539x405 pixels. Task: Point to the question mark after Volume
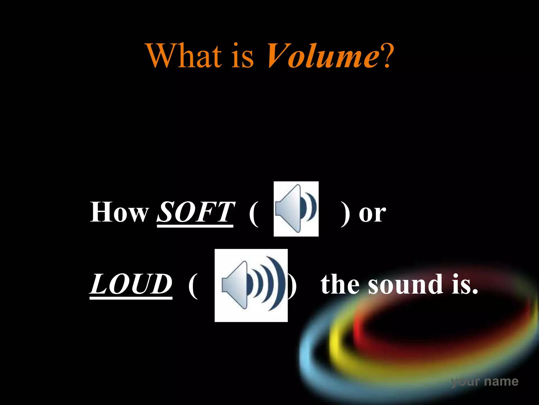coord(387,56)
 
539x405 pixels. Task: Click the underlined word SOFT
coord(195,213)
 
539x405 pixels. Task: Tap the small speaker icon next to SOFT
coord(296,209)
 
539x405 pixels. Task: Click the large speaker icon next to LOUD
coord(251,285)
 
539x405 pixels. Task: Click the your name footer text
coord(485,381)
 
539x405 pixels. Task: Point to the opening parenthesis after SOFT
coord(254,214)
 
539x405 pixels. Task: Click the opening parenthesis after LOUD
coord(193,286)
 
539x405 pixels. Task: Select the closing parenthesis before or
coord(345,214)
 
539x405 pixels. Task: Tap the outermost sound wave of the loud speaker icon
coord(280,282)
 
